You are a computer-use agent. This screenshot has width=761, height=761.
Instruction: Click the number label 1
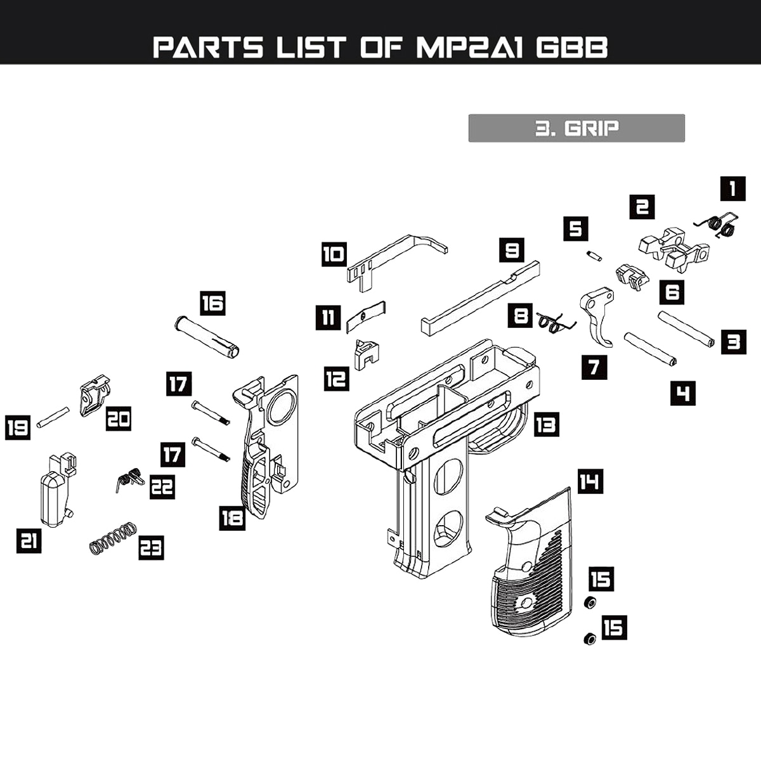click(732, 188)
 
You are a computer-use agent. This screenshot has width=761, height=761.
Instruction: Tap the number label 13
click(546, 424)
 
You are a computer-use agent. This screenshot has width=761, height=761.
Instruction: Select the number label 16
click(212, 304)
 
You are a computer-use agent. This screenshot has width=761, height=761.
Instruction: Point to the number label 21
click(29, 541)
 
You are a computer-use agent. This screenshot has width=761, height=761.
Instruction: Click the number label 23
click(151, 547)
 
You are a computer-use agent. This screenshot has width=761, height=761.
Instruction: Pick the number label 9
click(512, 250)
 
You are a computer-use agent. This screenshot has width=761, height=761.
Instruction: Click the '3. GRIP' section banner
click(576, 128)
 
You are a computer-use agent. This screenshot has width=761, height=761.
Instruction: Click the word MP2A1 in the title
click(470, 48)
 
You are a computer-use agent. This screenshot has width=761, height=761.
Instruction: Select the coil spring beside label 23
click(113, 538)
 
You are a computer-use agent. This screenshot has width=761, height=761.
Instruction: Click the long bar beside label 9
click(480, 298)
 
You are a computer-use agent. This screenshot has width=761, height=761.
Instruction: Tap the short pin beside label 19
click(53, 417)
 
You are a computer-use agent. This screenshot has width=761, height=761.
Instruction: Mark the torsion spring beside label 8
click(555, 322)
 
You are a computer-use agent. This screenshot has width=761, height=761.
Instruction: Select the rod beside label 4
click(650, 348)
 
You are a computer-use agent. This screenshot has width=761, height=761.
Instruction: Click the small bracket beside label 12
click(367, 354)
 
